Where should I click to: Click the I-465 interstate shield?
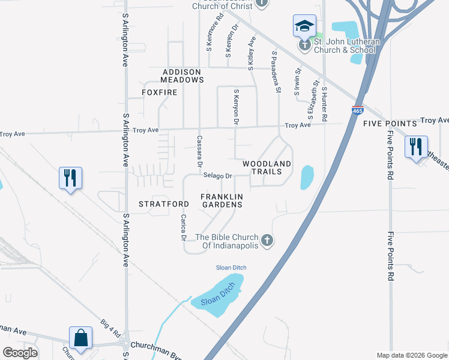(x=357, y=110)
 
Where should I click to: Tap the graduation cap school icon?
(x=304, y=26)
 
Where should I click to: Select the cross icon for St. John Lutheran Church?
(x=304, y=44)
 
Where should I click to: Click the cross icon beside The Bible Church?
(x=268, y=241)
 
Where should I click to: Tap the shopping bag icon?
(x=80, y=338)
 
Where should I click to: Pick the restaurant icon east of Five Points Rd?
(x=415, y=146)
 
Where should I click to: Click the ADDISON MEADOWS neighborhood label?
(x=183, y=76)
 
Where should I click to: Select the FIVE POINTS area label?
(x=390, y=124)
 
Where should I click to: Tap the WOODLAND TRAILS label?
(x=267, y=167)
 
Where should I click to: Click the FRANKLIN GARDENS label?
(x=221, y=200)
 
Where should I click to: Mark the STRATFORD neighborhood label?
(x=164, y=204)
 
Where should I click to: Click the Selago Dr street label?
(x=217, y=176)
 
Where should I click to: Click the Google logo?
(x=20, y=353)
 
